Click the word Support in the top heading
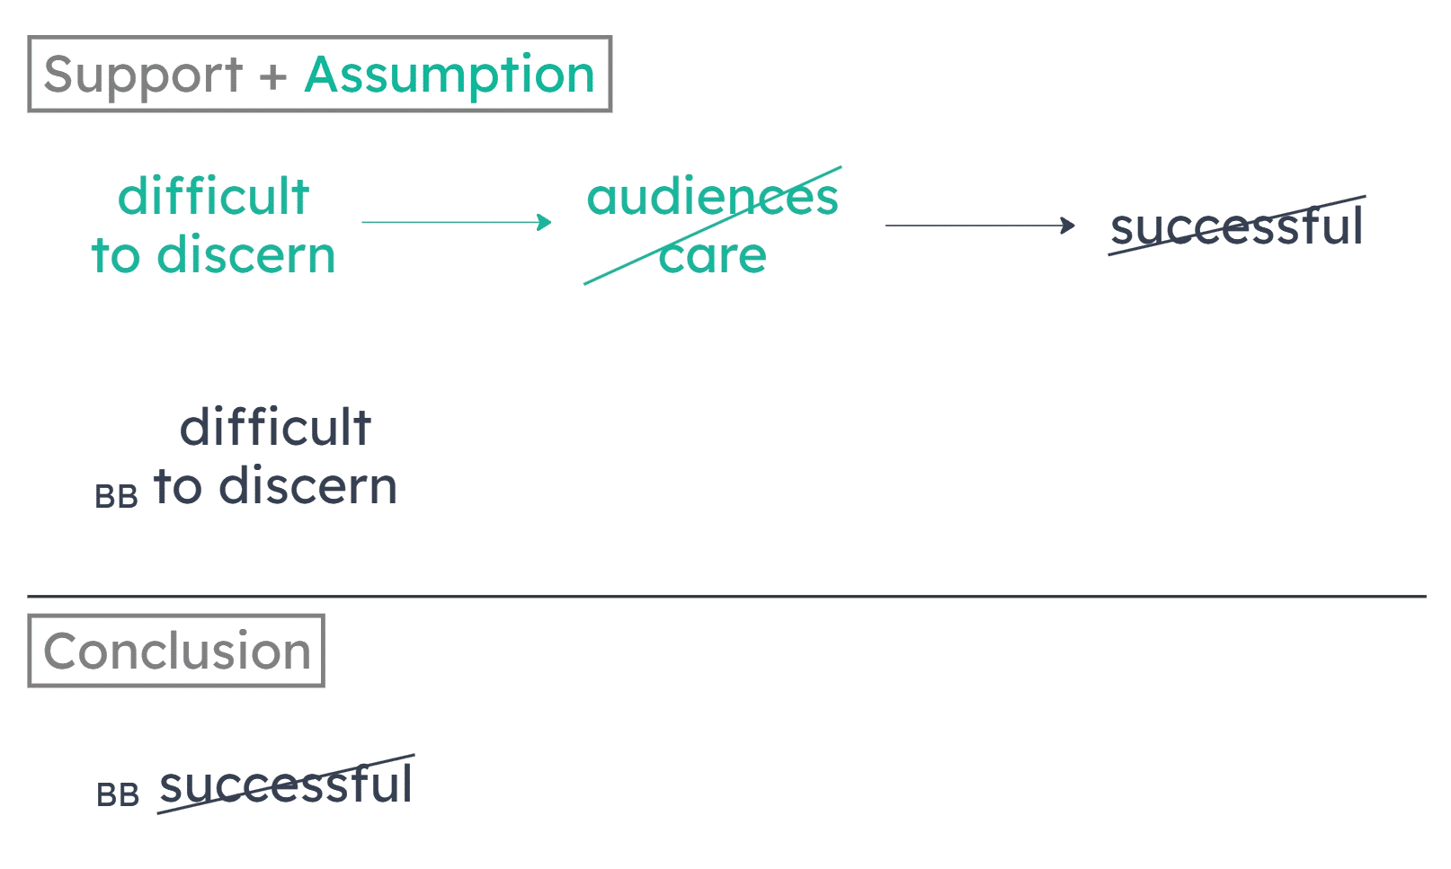click(142, 75)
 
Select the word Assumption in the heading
click(449, 75)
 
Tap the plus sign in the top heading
click(272, 77)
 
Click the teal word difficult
click(213, 197)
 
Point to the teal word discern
click(245, 256)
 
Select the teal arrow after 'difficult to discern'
click(456, 222)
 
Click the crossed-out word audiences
click(712, 197)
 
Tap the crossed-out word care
click(712, 256)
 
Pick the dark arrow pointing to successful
click(980, 226)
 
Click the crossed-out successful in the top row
click(1237, 226)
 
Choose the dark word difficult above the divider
click(275, 429)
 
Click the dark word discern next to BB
click(307, 487)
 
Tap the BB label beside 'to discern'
click(117, 497)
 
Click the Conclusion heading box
click(176, 651)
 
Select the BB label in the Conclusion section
click(118, 795)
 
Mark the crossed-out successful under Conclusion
click(286, 785)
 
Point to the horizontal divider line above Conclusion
click(726, 596)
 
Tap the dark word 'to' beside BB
click(177, 487)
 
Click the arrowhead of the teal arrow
click(544, 222)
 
